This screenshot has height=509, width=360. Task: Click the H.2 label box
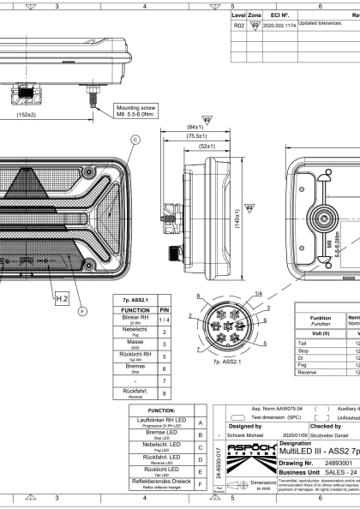(62, 298)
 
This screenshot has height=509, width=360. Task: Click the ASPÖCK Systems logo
(246, 470)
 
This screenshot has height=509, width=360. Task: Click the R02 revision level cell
(238, 27)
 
